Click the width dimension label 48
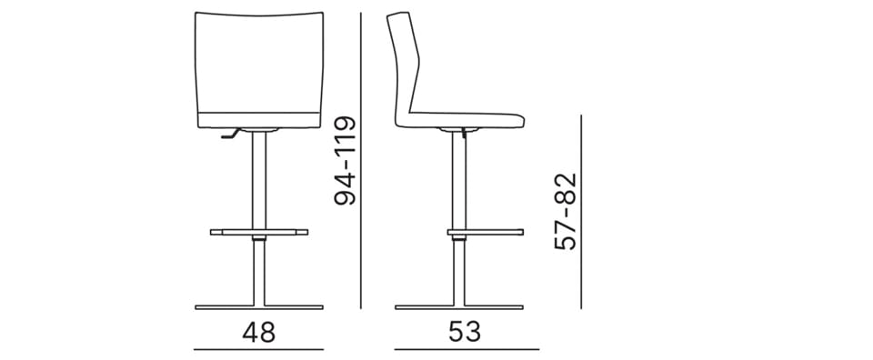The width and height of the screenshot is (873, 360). click(259, 332)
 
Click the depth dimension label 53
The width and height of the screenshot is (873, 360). click(465, 332)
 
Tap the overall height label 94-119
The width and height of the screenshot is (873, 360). click(345, 160)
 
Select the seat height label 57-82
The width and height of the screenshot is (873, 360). click(566, 212)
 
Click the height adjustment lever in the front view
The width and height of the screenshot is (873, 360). click(230, 134)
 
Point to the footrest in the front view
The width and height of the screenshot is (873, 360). click(259, 232)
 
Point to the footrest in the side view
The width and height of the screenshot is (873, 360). click(485, 232)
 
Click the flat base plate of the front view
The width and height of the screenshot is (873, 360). click(259, 306)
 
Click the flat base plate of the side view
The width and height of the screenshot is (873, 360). click(458, 306)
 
